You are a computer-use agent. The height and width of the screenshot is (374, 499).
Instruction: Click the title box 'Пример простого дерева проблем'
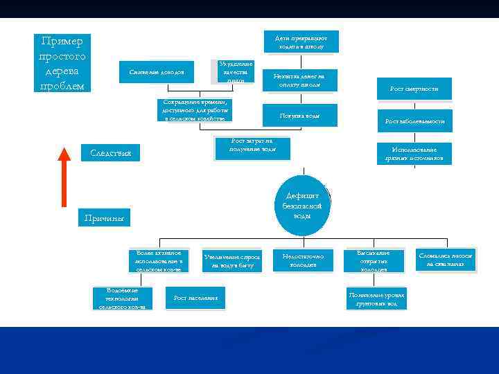pos(62,62)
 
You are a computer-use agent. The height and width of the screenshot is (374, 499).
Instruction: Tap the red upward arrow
pos(64,177)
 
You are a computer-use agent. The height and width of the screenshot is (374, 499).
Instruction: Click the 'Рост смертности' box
pos(414,89)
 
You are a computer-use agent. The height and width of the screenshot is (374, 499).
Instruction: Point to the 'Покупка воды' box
pos(299,115)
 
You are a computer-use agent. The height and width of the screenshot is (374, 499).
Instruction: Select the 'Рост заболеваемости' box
pos(414,121)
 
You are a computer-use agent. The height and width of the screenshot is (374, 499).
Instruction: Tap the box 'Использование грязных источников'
pos(414,154)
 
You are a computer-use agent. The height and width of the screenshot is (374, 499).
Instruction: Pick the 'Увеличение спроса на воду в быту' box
pos(231,260)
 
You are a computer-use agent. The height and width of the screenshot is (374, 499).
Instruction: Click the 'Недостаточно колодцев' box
pos(303,260)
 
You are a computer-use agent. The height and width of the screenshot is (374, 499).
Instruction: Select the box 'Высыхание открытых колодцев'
pos(374,260)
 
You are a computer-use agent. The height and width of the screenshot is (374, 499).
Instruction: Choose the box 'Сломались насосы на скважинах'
pos(446,260)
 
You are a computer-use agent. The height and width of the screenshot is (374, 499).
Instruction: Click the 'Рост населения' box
pos(195,298)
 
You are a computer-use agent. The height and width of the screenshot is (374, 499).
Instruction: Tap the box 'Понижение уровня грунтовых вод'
pos(376,299)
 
